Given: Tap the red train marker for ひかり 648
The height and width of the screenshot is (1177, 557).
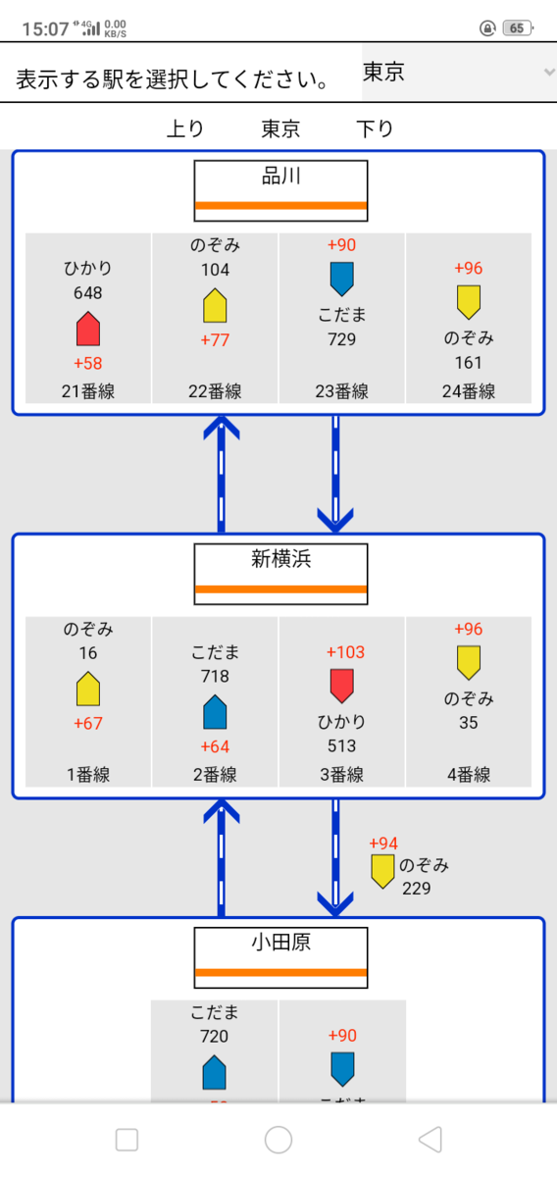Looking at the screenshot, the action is coord(88,329).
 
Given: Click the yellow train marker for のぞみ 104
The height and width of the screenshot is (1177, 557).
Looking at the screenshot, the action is coord(215,305).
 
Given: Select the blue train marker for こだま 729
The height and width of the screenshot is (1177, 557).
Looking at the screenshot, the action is coord(341,279).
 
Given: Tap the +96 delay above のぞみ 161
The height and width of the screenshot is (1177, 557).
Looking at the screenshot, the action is coord(468,268).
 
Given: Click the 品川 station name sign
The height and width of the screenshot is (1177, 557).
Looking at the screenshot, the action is coord(281,190).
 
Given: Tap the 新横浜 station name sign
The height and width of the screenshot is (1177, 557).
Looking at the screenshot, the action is coord(281,574).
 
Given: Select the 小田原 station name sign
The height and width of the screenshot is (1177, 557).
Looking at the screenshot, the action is coord(281,957).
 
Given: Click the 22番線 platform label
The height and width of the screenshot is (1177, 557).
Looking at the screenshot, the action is coord(215,391).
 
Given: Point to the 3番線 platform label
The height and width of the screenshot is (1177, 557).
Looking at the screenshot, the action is coord(341,775).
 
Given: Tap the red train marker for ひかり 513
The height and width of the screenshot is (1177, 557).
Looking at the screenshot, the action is coord(341,686).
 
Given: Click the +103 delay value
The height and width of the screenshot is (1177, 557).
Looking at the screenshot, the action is coord(345,652).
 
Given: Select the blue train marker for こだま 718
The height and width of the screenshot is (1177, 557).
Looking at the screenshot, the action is coord(215,712).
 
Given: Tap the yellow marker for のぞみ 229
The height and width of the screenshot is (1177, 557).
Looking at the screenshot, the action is coord(382,871).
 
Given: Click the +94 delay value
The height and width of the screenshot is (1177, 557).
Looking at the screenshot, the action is coord(383,844).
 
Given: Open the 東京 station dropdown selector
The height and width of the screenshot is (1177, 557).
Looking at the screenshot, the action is coord(459,73).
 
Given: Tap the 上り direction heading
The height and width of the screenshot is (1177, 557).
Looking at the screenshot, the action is coord(185,128).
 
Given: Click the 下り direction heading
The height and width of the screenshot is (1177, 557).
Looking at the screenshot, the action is coord(375,128).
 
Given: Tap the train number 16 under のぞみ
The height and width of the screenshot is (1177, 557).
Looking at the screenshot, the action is coord(88,653).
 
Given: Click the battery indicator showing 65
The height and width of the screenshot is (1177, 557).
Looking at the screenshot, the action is coord(518,27).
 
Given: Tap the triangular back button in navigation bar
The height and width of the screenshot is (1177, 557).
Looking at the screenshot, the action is coord(430,1140).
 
